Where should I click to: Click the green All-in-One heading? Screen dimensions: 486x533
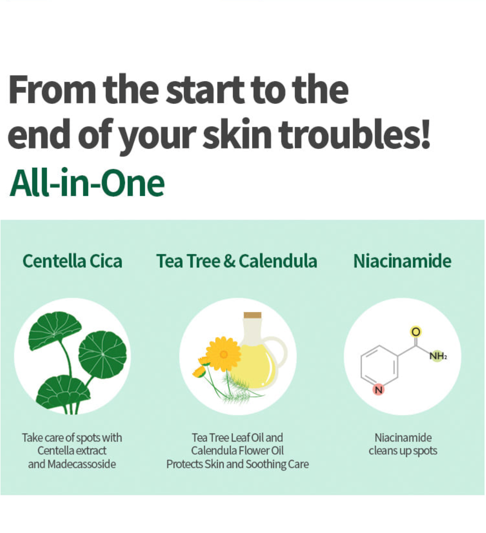click(87, 182)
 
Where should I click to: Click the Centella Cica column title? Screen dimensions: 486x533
click(72, 261)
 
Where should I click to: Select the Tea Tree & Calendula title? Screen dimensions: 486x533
click(237, 261)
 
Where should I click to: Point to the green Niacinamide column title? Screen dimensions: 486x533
click(402, 261)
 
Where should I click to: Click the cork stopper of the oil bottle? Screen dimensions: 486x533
click(252, 315)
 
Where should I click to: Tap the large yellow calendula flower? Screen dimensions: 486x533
click(223, 354)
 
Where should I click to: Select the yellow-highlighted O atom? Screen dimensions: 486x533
click(416, 331)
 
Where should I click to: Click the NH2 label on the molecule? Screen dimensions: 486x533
click(438, 356)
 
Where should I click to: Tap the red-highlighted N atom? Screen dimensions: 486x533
click(379, 389)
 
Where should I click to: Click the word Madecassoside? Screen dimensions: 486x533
click(82, 464)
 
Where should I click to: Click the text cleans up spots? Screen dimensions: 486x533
click(403, 451)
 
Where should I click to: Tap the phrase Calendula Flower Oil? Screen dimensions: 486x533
click(237, 451)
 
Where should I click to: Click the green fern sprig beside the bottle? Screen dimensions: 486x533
click(238, 387)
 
